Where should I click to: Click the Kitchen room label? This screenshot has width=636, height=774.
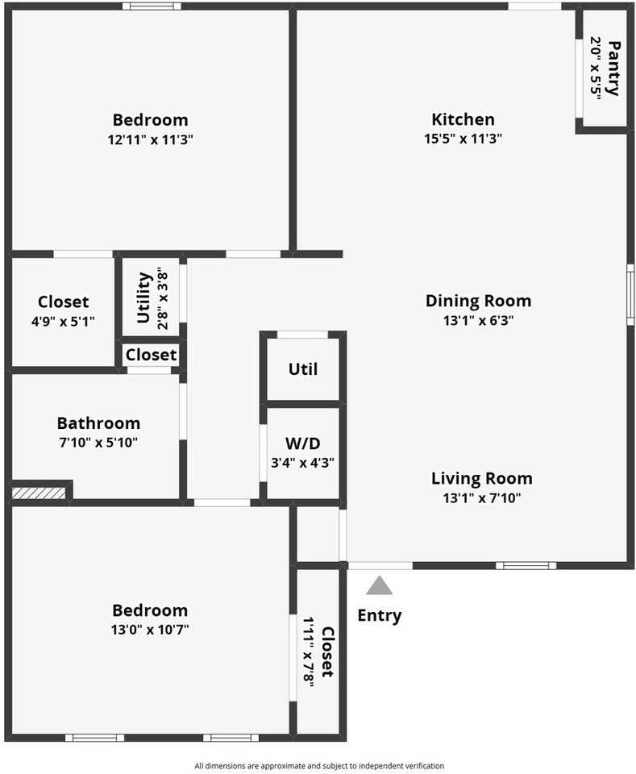(x=463, y=119)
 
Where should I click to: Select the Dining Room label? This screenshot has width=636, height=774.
(x=478, y=301)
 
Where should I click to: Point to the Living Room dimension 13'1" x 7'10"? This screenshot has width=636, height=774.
(x=481, y=497)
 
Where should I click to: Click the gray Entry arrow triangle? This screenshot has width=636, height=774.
(x=379, y=585)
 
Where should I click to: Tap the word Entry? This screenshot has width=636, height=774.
(x=379, y=616)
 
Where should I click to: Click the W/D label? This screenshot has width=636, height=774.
(x=302, y=443)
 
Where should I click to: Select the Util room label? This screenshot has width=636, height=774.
(x=302, y=369)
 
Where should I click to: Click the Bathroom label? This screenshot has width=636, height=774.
(x=98, y=422)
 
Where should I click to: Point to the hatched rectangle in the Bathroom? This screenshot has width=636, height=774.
(x=38, y=492)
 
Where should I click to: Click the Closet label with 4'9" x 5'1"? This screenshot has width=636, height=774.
(x=63, y=302)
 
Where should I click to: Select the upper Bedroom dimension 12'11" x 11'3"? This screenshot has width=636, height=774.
(x=150, y=139)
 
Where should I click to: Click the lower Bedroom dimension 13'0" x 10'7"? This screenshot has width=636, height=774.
(x=150, y=629)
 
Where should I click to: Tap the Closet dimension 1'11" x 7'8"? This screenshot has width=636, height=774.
(x=308, y=651)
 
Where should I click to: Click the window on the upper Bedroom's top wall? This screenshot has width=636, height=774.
(x=152, y=6)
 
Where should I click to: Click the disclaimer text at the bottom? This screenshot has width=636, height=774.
(x=318, y=766)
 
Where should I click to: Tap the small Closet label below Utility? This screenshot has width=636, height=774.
(x=151, y=355)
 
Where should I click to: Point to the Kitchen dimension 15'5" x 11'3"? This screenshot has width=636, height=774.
(x=463, y=139)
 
